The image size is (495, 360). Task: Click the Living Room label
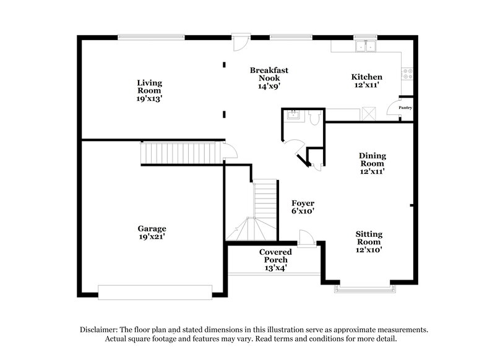pyautogui.click(x=149, y=90)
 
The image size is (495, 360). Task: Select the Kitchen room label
pyautogui.click(x=367, y=81)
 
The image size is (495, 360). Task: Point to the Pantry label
pyautogui.click(x=405, y=108)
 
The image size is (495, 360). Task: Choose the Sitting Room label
pyautogui.click(x=369, y=242)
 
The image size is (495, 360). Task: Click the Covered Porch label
pyautogui.click(x=276, y=260)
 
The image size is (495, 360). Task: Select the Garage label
pyautogui.click(x=152, y=232)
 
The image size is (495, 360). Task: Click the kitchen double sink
pyautogui.click(x=366, y=45)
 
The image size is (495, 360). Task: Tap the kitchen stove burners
pyautogui.click(x=408, y=75)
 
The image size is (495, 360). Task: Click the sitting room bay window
pyautogui.click(x=364, y=286)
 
